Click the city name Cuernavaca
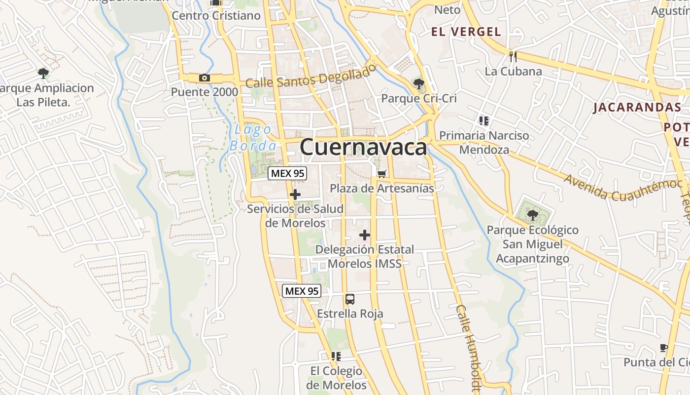pyautogui.click(x=363, y=147)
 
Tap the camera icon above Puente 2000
pyautogui.click(x=205, y=78)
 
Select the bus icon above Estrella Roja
pyautogui.click(x=350, y=299)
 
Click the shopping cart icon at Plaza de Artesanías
pyautogui.click(x=381, y=173)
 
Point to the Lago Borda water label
pyautogui.click(x=253, y=138)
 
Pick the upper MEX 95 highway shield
pyautogui.click(x=287, y=173)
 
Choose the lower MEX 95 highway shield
pyautogui.click(x=302, y=291)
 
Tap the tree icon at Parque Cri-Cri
pyautogui.click(x=419, y=84)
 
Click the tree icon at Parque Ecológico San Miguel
pyautogui.click(x=532, y=215)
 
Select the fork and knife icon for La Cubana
pyautogui.click(x=513, y=56)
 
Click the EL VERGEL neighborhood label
pyautogui.click(x=466, y=32)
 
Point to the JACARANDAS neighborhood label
pyautogui.click(x=637, y=107)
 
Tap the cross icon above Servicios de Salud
pyautogui.click(x=295, y=195)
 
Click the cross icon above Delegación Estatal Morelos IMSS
pyautogui.click(x=365, y=235)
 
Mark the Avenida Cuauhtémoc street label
pyautogui.click(x=623, y=188)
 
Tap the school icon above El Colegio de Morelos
pyautogui.click(x=336, y=356)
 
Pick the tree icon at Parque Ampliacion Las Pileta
pyautogui.click(x=43, y=74)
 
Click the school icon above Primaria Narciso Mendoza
pyautogui.click(x=483, y=120)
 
